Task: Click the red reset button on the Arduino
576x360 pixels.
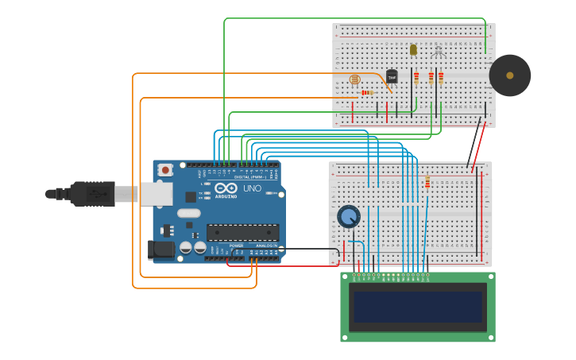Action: click(x=165, y=169)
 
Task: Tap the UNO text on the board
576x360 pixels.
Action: click(x=252, y=189)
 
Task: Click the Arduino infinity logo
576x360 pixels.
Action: click(x=226, y=189)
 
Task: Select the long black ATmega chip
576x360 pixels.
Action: click(x=242, y=232)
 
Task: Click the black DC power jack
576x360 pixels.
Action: click(x=161, y=250)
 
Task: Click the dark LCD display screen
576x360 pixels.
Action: click(x=418, y=306)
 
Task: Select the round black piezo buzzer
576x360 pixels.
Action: click(x=509, y=75)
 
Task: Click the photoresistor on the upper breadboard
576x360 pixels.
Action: click(x=355, y=79)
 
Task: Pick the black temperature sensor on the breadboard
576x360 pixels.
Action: click(x=392, y=76)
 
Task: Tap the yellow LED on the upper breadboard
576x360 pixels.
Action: click(x=413, y=49)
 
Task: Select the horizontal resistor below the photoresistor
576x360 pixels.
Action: click(x=366, y=92)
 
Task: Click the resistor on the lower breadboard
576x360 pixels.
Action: click(x=427, y=183)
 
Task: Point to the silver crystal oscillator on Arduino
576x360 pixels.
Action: click(x=188, y=213)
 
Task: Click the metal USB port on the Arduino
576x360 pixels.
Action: click(x=157, y=194)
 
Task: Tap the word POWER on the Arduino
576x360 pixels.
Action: click(x=237, y=246)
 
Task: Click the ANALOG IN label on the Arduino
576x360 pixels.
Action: click(x=265, y=246)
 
